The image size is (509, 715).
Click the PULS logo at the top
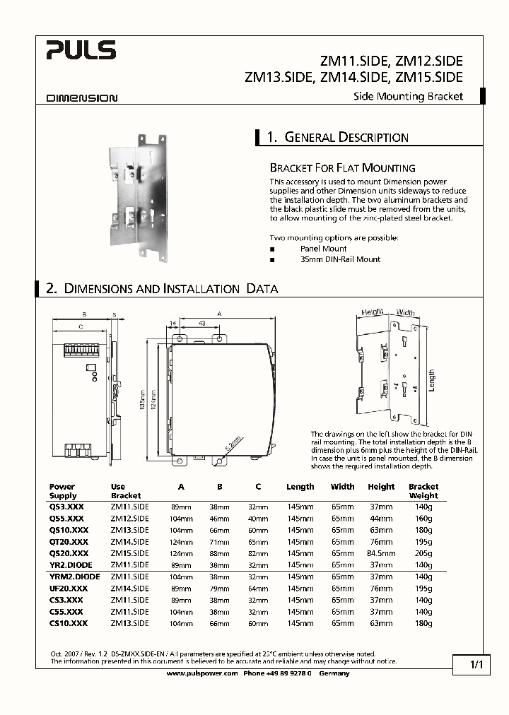point(81,50)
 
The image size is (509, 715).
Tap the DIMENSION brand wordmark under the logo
point(82,99)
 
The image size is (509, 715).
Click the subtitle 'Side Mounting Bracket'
point(408,96)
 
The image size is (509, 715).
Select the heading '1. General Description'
point(337,138)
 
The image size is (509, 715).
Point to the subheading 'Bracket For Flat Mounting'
point(342,168)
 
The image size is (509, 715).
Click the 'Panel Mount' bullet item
point(323,249)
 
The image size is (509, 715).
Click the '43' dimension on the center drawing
point(201,324)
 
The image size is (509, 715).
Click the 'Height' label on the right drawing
point(372,312)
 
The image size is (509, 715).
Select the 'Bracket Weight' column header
point(423,491)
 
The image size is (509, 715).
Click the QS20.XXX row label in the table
point(69,553)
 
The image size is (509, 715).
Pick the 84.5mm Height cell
point(381,553)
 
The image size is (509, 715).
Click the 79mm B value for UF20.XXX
point(219,589)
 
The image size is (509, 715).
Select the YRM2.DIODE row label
point(74,577)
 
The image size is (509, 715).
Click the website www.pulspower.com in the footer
point(201,673)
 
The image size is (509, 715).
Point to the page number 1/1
point(475,665)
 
